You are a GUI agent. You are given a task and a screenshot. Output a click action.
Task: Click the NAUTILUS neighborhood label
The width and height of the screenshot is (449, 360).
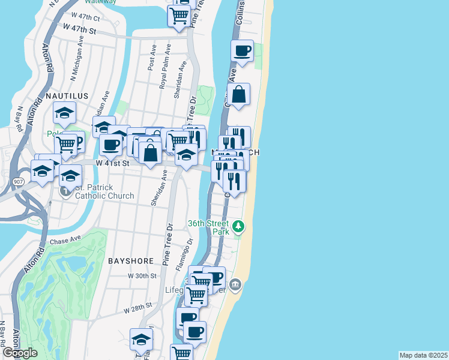point(67,96)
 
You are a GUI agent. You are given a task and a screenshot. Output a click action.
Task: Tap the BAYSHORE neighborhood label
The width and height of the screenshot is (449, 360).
point(131,261)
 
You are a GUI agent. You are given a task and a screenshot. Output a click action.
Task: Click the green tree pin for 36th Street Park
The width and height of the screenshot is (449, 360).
point(239,226)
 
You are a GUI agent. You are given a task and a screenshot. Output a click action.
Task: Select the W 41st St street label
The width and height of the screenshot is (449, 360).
point(113,163)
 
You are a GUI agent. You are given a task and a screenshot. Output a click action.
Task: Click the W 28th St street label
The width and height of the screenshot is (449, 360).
point(137,310)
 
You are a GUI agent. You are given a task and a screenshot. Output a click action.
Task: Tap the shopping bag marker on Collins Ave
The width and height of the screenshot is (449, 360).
point(239,94)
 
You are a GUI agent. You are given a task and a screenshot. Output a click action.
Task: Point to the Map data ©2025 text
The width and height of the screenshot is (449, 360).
point(423,355)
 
